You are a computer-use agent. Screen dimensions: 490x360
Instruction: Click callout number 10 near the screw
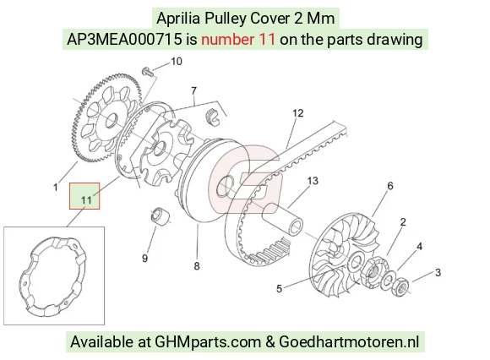point(177,62)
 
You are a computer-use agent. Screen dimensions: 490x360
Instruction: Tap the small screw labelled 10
point(148,72)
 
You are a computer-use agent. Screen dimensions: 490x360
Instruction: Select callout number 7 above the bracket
point(194,91)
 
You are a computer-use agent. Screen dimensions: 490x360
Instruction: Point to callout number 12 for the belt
point(298,113)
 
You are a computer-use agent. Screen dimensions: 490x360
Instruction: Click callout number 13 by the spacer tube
point(313,181)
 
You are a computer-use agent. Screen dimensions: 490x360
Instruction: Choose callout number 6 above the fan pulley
point(390,186)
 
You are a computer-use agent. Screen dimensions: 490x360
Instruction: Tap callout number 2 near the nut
point(403,222)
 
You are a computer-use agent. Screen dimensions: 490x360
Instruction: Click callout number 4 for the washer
point(419,247)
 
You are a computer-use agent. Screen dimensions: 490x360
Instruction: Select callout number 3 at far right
point(438,272)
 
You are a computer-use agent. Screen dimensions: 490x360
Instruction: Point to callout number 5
point(279,289)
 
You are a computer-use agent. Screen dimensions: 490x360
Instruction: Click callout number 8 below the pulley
point(197,266)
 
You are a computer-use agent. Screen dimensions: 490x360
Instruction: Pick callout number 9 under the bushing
point(144,259)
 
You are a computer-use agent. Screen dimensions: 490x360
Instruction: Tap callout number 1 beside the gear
point(56,188)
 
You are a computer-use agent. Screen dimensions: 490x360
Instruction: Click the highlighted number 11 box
point(84,196)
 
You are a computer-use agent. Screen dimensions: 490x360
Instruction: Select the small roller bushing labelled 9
point(161,215)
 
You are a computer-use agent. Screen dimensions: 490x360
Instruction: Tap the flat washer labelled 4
point(389,278)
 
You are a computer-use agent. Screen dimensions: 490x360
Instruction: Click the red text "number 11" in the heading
point(238,40)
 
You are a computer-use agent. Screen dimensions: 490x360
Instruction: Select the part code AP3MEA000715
point(124,40)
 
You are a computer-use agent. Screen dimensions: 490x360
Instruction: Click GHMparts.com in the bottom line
point(208,342)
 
